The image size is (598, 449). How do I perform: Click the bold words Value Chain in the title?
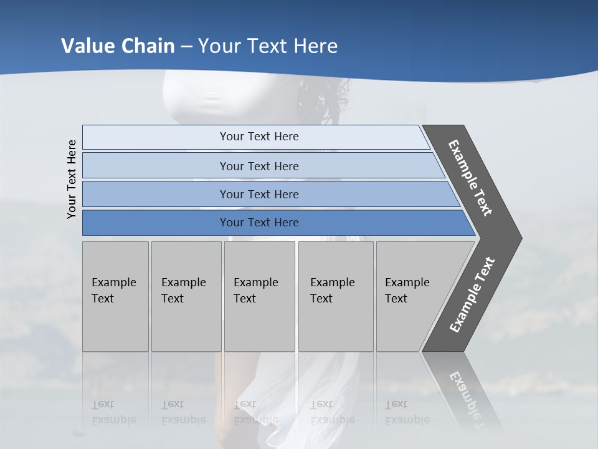coord(118,46)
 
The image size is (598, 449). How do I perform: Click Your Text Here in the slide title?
coord(268,46)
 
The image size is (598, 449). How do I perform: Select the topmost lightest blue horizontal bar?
coord(259,137)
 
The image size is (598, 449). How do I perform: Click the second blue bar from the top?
coord(259,166)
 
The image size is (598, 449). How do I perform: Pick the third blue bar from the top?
coord(259,194)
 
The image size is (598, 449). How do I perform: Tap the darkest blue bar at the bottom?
coord(259,223)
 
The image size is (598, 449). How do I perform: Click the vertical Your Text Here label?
coord(72,179)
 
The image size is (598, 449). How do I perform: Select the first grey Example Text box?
coord(115,296)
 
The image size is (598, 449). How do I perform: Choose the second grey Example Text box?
coord(185,296)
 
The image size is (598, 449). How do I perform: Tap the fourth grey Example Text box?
coord(335,296)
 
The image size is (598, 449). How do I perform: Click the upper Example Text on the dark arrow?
coord(471,178)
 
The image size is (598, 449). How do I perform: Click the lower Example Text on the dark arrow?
coord(472,295)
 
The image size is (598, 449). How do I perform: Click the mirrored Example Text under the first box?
coord(114,412)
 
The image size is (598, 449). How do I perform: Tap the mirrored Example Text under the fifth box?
coord(407,412)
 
